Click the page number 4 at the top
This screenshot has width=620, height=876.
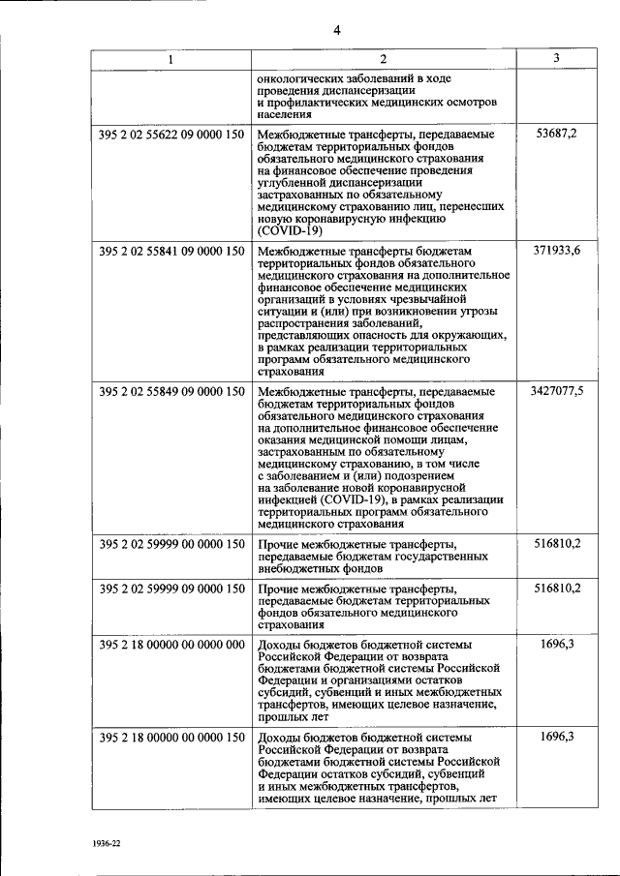click(336, 30)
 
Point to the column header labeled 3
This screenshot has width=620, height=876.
click(556, 59)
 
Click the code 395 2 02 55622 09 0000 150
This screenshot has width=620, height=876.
click(171, 134)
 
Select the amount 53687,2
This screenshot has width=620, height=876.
click(556, 134)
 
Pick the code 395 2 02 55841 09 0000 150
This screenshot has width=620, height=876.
click(171, 252)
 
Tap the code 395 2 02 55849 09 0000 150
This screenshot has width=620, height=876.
click(171, 391)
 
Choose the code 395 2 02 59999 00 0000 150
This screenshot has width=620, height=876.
click(171, 544)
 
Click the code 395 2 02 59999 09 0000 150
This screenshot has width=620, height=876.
click(171, 589)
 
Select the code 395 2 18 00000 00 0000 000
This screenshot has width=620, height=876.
click(171, 645)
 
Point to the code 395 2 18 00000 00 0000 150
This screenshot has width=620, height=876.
click(171, 738)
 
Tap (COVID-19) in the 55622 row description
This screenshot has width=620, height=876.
click(290, 231)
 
